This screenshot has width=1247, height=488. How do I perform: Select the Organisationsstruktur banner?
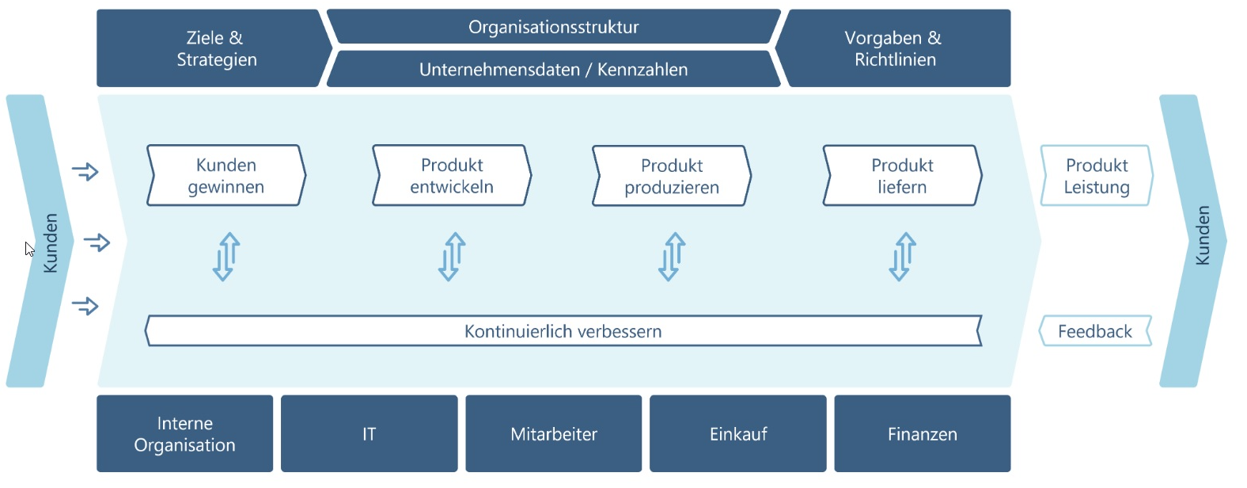point(553,27)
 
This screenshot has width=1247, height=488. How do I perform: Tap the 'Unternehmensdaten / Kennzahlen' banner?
point(553,70)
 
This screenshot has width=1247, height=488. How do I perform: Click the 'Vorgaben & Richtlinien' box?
point(895,48)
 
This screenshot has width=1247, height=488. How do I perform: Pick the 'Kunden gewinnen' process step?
point(226,176)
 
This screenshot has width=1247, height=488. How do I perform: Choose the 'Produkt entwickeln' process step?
point(452,176)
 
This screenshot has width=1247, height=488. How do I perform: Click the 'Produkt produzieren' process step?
point(672,176)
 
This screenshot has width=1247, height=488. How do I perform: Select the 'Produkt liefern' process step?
point(902,176)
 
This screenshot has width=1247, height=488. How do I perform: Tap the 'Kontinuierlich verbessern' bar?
point(563,331)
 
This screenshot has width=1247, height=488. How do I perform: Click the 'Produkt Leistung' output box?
point(1096,176)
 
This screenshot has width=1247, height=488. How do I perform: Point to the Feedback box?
point(1095,331)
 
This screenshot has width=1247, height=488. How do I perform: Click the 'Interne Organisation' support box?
point(184,434)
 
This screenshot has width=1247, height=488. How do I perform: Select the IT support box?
point(369,434)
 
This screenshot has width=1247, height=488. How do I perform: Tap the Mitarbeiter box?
point(553,434)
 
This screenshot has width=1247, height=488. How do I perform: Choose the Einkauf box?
point(737,434)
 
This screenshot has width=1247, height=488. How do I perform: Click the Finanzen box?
point(922,434)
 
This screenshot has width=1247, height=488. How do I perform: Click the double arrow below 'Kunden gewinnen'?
point(226,257)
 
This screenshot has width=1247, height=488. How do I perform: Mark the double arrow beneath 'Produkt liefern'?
point(902,257)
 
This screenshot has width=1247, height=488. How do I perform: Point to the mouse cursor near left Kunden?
point(29,249)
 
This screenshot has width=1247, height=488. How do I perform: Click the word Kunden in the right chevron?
point(1202,235)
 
